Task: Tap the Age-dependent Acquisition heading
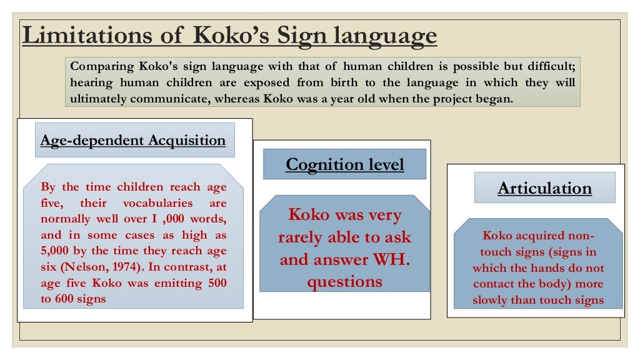(132, 140)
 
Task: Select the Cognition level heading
(344, 164)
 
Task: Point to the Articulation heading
(544, 188)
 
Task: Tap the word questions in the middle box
(344, 282)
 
